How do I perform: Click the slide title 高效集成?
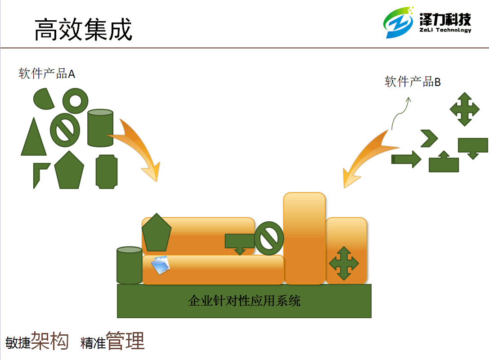tap(83, 29)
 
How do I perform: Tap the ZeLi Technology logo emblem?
tap(398, 23)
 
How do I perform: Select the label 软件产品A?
tap(47, 74)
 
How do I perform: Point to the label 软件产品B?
tap(413, 82)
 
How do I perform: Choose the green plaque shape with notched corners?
tap(107, 171)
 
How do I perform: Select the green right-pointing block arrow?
tap(406, 159)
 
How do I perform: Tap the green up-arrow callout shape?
tap(444, 162)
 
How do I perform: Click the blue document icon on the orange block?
tap(161, 265)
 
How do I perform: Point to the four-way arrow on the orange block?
tap(344, 263)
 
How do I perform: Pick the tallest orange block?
tap(305, 238)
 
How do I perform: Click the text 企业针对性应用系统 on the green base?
tap(244, 301)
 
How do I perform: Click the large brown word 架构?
tap(50, 341)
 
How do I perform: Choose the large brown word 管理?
tap(126, 341)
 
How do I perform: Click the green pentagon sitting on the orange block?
tap(157, 234)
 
